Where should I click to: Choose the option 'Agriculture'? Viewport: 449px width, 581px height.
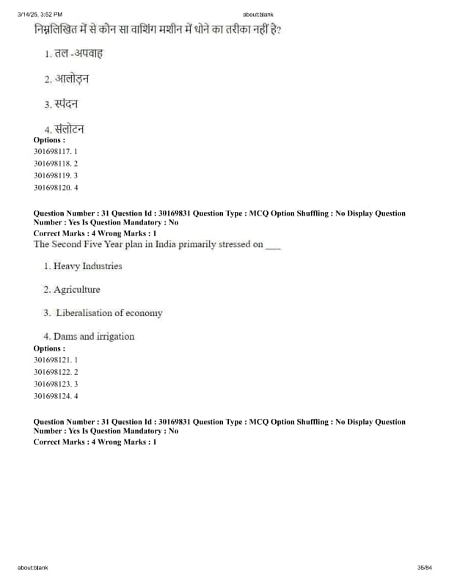pos(76,290)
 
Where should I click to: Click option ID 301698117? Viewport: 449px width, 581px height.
pos(56,150)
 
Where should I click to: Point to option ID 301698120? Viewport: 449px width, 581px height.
pos(56,187)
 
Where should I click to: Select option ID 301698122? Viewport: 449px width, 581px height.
pos(56,372)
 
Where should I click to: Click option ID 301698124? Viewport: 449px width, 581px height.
pos(56,396)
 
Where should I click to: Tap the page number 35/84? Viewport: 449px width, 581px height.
pos(424,568)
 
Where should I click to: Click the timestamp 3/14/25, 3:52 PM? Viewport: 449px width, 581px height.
pos(40,14)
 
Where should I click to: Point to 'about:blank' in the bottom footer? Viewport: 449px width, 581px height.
pos(33,568)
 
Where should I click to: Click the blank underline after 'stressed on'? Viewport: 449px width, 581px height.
pos(273,246)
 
